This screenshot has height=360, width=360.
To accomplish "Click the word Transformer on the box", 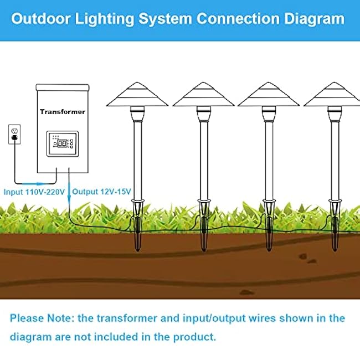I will click(63, 112).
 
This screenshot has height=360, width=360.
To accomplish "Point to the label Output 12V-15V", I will click(102, 191).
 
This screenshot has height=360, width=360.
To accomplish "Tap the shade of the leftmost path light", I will click(137, 97).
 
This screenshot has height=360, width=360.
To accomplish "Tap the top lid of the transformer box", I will click(62, 87).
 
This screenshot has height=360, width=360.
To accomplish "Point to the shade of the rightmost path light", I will click(335, 97).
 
